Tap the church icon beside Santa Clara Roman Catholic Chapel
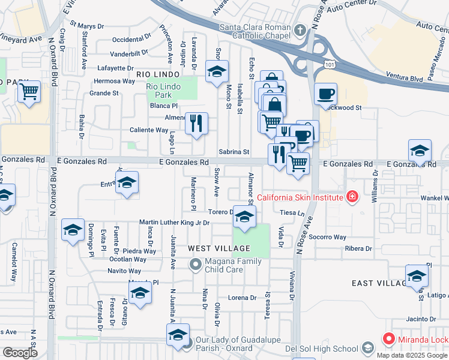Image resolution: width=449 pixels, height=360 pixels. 300,28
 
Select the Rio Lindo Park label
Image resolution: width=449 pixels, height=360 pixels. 163,91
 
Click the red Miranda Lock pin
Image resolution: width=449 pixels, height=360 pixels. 388,340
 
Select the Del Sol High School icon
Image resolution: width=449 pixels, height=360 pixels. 367,349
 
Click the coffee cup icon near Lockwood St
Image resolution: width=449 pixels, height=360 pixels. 325,94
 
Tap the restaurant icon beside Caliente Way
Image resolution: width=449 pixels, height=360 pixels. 196,124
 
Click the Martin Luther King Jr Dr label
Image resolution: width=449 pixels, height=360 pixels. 174,223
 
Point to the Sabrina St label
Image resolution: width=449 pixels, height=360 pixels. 234,152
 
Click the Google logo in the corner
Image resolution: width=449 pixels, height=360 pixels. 20,353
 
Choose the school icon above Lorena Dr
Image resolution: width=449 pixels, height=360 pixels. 140,294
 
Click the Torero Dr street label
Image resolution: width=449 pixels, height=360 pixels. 219,212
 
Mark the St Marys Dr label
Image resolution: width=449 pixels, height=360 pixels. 87,26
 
